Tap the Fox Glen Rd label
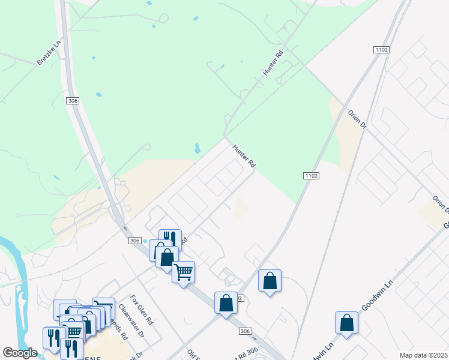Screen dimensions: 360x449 tap(142, 309)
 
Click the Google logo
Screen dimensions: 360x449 tap(20, 353)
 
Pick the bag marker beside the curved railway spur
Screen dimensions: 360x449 tap(270, 280)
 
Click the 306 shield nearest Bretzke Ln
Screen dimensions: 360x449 tap(73, 101)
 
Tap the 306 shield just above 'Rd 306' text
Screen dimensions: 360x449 tap(244, 331)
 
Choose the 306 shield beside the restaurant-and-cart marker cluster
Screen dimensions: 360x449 tap(134, 240)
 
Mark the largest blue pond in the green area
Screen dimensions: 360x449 tap(197, 148)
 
